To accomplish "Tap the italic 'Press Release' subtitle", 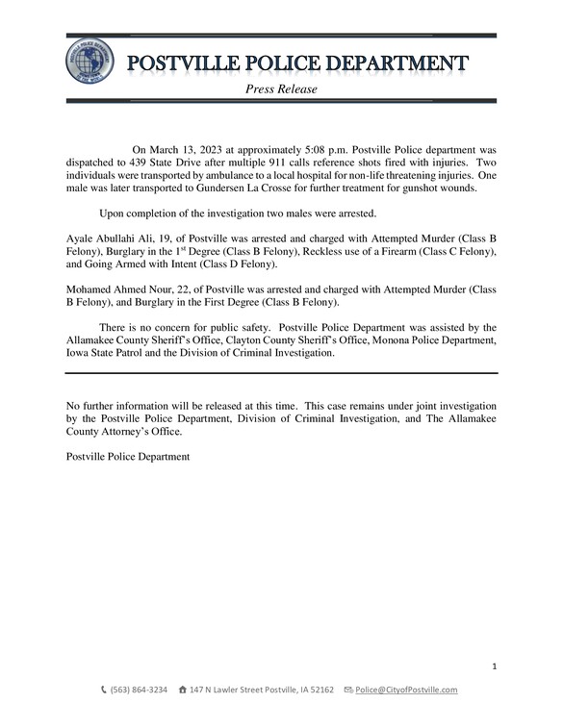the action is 281,89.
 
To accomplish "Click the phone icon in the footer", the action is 105,690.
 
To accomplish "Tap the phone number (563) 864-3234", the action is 140,690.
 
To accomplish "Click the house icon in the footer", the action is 183,690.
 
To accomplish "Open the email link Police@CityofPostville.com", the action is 406,690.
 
